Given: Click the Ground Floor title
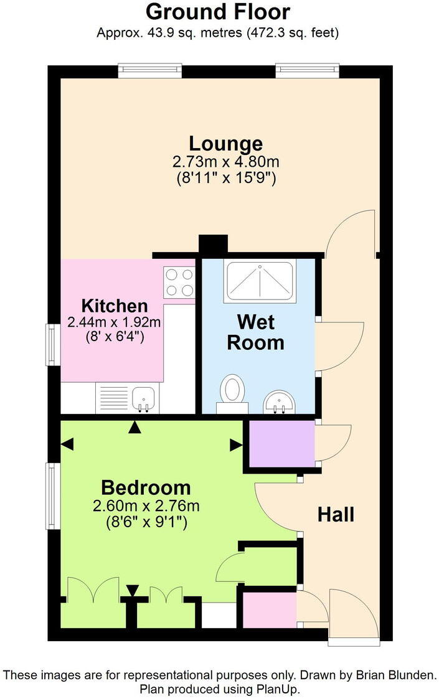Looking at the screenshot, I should click(x=218, y=12).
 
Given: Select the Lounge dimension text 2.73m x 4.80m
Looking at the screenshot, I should click(x=225, y=162).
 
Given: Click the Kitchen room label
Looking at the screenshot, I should click(x=115, y=306).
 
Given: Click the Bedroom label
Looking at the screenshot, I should click(x=146, y=487).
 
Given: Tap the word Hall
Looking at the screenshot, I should click(x=336, y=515).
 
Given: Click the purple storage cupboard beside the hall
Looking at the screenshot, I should click(x=282, y=443).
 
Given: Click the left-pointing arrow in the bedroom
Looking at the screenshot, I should click(x=67, y=444).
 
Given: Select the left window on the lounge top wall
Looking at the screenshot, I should click(x=150, y=71).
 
